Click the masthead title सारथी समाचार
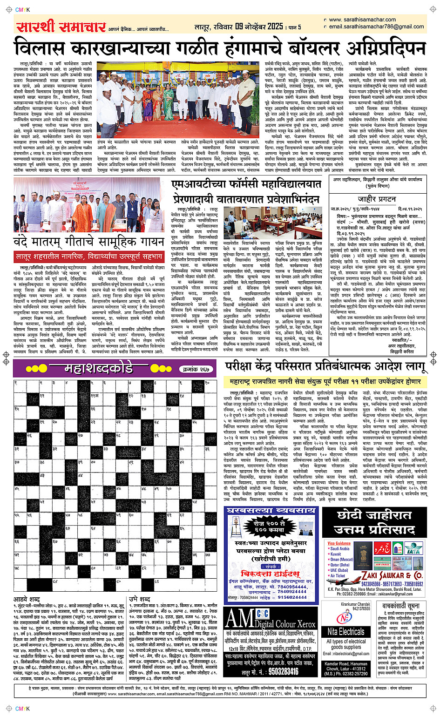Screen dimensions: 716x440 pyautogui.click(x=61, y=27)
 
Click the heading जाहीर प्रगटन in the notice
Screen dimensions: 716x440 pyautogui.click(x=377, y=199)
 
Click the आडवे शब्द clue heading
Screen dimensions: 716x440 pyautogui.click(x=27, y=599)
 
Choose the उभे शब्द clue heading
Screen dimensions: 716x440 pyautogui.click(x=139, y=599)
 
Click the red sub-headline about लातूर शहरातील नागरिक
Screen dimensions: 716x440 pyautogui.click(x=89, y=257)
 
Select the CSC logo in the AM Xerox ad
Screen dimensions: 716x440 pyautogui.click(x=263, y=613)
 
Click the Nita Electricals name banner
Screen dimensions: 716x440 pyautogui.click(x=346, y=632)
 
